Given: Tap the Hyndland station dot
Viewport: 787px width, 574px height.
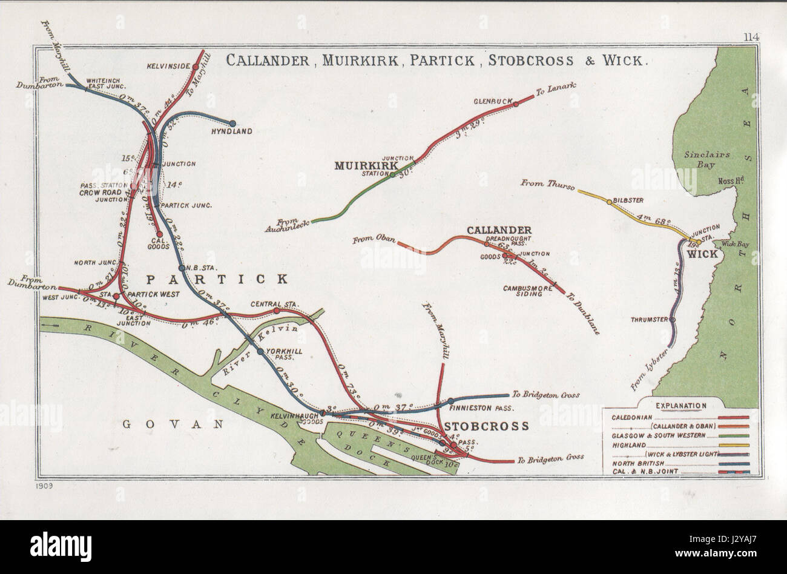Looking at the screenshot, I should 232,123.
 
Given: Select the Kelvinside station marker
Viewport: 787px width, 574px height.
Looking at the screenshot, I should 196,67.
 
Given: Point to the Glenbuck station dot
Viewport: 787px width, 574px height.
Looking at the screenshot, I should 516,104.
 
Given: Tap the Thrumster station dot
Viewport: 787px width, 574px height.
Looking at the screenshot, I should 673,320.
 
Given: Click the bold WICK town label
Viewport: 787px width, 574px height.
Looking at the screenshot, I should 701,254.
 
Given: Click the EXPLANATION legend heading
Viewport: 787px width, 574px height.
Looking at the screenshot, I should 680,405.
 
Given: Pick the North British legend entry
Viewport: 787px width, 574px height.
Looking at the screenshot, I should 636,463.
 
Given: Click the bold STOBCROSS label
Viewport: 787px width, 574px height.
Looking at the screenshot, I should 486,426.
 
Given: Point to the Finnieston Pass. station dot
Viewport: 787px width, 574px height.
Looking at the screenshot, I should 450,401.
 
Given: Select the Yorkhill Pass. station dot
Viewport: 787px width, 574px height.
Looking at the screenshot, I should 260,351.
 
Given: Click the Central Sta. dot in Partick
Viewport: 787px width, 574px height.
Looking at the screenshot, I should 276,311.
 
